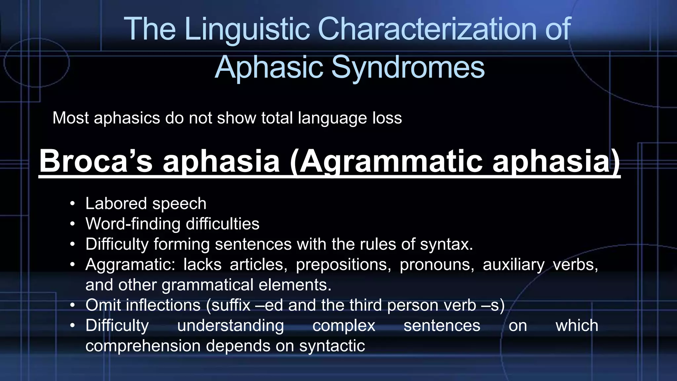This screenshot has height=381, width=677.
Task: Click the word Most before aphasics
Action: (70, 118)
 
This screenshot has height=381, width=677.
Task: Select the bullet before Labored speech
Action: (72, 204)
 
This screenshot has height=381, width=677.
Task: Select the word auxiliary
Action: (513, 265)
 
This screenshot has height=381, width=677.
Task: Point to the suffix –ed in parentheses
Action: (270, 305)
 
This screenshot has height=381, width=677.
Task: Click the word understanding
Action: (230, 326)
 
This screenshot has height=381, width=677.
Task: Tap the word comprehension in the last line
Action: (143, 346)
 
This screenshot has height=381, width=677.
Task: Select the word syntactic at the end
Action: (332, 346)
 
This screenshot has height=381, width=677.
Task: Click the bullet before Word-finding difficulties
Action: (72, 224)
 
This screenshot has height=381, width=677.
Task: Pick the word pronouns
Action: (437, 265)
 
